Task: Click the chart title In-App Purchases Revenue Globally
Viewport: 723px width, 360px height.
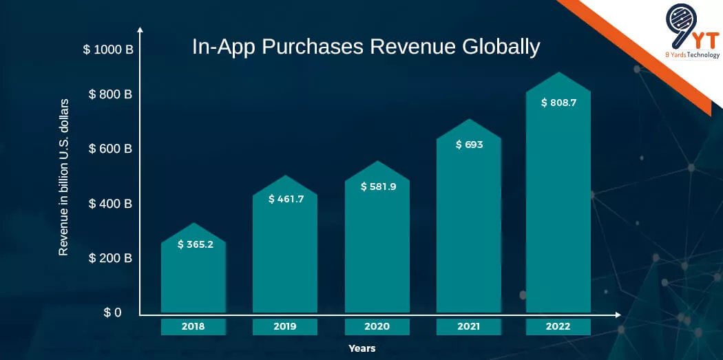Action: click(x=366, y=47)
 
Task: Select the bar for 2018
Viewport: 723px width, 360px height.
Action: click(x=193, y=275)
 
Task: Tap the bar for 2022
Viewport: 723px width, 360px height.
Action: click(x=558, y=207)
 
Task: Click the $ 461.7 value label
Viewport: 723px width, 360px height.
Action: click(x=285, y=200)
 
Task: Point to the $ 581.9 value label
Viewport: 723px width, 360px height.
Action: click(x=378, y=187)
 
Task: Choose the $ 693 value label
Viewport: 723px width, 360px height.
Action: click(x=468, y=145)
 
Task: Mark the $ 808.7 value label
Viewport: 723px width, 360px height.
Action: click(x=558, y=103)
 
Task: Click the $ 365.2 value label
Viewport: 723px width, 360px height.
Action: click(x=195, y=244)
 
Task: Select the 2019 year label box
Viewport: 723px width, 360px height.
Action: click(x=285, y=326)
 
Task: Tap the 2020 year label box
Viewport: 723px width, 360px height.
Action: click(x=377, y=326)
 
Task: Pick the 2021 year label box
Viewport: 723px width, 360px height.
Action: click(x=469, y=326)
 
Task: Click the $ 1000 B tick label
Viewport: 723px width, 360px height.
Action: click(x=108, y=50)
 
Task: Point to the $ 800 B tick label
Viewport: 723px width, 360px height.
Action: click(x=110, y=94)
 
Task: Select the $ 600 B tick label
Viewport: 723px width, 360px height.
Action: click(x=110, y=149)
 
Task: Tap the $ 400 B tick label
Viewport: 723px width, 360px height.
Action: click(x=110, y=204)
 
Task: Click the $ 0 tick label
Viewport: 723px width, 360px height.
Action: click(x=112, y=313)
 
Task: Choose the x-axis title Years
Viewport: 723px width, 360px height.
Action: click(x=361, y=348)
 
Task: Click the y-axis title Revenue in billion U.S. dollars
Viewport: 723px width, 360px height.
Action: click(x=63, y=178)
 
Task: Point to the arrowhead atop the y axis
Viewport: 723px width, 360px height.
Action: click(x=140, y=30)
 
